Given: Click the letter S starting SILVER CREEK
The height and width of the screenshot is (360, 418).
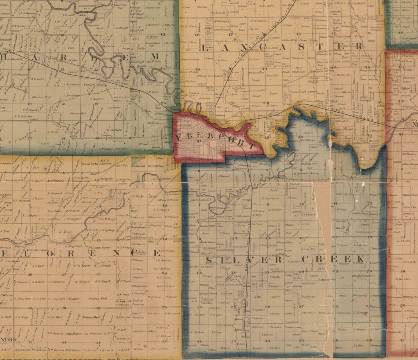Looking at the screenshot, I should pos(209,260).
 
